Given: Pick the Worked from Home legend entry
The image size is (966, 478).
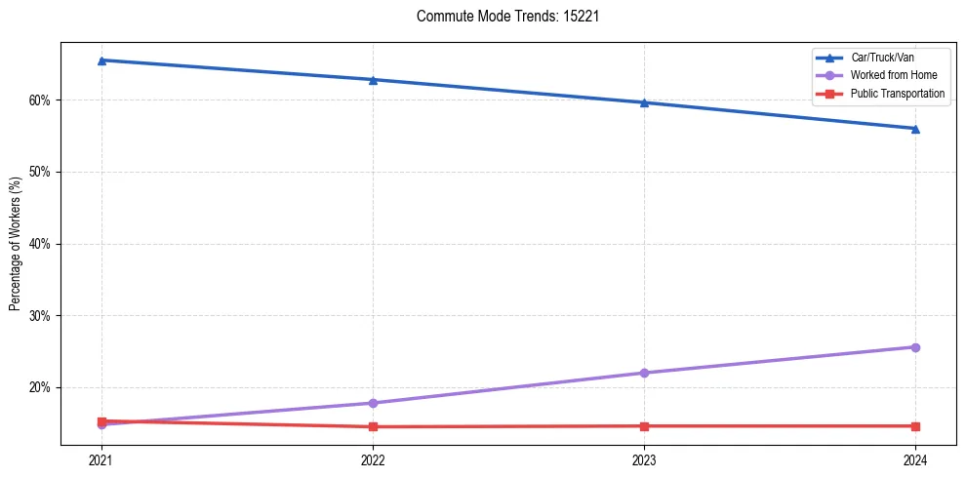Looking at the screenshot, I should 894,75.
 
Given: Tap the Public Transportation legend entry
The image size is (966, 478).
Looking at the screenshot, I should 898,94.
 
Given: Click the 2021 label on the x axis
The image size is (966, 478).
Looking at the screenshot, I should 101,460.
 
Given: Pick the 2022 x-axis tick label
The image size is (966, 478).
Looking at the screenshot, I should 373,460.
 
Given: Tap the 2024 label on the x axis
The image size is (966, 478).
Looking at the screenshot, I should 915,460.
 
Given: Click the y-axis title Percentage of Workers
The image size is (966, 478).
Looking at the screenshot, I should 16,244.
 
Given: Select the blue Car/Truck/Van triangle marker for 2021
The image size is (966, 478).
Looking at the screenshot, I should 101,60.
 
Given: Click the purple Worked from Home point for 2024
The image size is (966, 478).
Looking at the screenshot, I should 915,347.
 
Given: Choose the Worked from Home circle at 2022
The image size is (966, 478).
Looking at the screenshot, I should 373,403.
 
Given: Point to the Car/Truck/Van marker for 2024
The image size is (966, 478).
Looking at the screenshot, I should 915,129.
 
